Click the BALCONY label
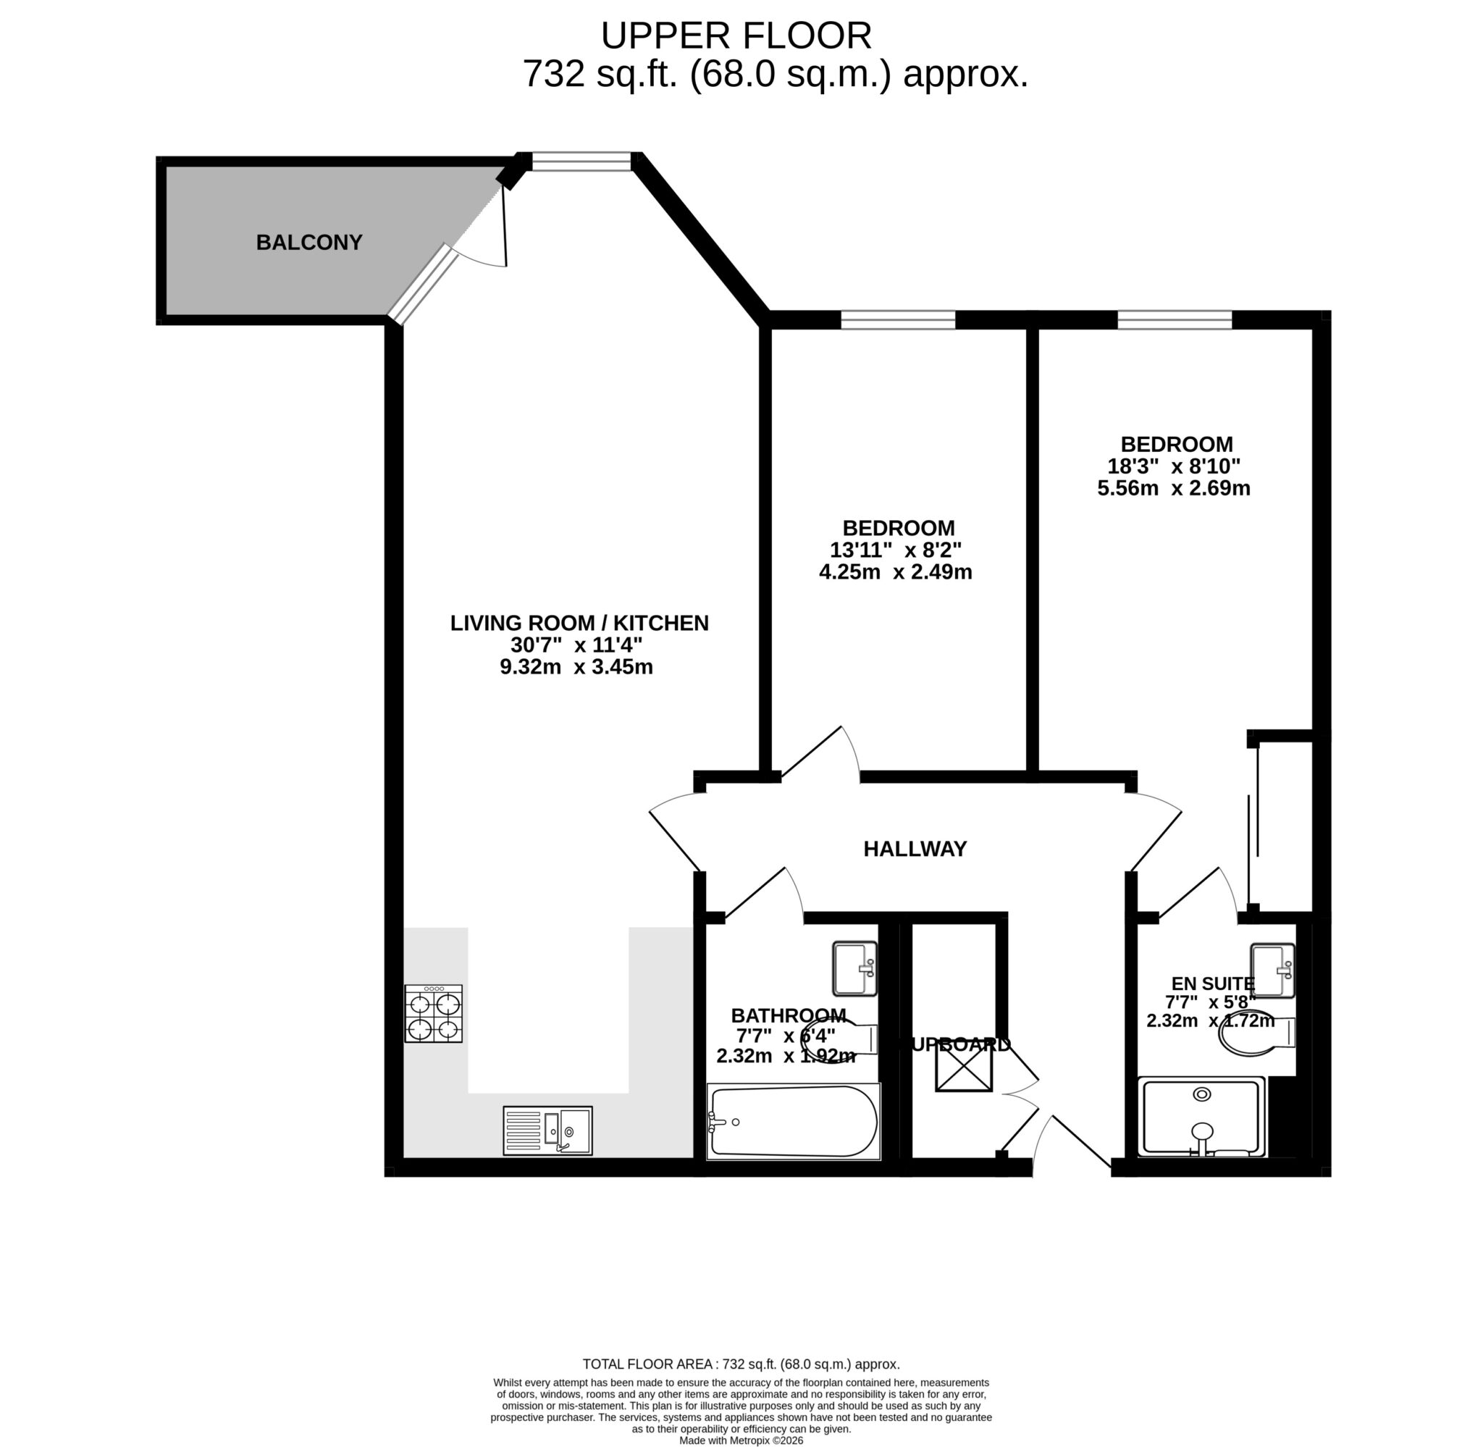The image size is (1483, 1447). click(x=308, y=243)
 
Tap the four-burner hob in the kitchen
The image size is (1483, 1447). click(x=433, y=1014)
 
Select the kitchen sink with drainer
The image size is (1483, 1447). click(x=547, y=1130)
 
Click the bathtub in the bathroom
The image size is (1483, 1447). click(x=793, y=1121)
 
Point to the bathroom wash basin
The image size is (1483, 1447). click(x=854, y=968)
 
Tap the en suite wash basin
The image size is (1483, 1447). click(x=1272, y=970)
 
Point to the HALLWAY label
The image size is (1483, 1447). click(x=915, y=849)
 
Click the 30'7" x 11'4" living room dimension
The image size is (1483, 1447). click(x=576, y=645)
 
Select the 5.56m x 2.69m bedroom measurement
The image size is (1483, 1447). click(x=1173, y=488)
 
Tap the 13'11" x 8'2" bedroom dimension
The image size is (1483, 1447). click(x=896, y=550)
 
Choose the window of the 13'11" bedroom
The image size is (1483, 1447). click(x=897, y=321)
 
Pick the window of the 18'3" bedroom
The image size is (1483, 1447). click(x=1174, y=321)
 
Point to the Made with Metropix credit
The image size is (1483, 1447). click(x=741, y=1440)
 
